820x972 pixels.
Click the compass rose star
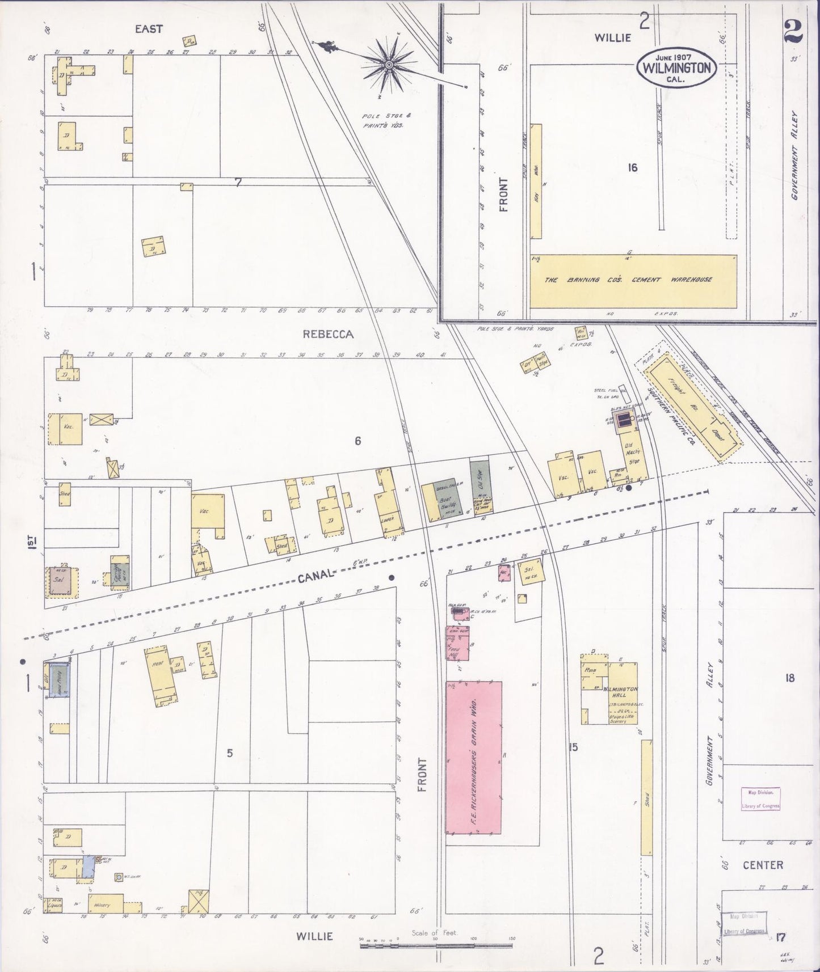pyautogui.click(x=389, y=66)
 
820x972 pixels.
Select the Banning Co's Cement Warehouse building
pyautogui.click(x=633, y=280)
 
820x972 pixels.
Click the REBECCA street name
pyautogui.click(x=327, y=335)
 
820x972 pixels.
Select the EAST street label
pyautogui.click(x=149, y=29)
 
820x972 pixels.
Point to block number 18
pyautogui.click(x=790, y=678)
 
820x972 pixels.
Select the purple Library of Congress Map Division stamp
pyautogui.click(x=760, y=799)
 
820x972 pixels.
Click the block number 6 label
pyautogui.click(x=358, y=441)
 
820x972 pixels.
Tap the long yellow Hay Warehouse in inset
pyautogui.click(x=536, y=181)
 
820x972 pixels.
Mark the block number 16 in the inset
pyautogui.click(x=633, y=167)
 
